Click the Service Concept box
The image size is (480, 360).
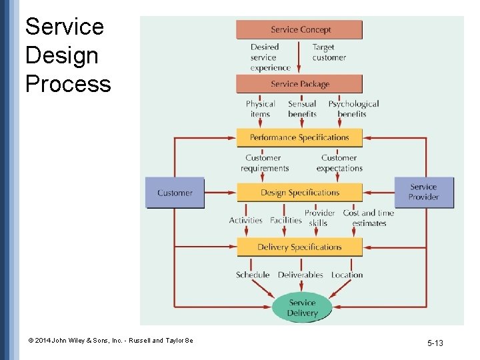tap(299, 30)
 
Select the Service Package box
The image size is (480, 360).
tap(299, 84)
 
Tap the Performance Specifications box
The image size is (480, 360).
tap(299, 137)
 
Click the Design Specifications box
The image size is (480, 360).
tap(299, 193)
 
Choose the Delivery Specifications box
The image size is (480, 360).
tap(299, 247)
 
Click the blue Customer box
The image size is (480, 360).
tap(175, 193)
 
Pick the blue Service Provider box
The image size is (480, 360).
tap(424, 192)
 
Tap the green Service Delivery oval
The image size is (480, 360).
tap(303, 308)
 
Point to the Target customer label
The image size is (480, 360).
tap(329, 53)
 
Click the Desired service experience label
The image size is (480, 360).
tap(270, 57)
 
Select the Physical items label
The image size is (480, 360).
tap(260, 109)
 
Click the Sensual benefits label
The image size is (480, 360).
tap(302, 109)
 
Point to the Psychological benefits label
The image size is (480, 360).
tap(353, 109)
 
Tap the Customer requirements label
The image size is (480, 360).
tap(265, 163)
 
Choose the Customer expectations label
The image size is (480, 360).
tap(339, 163)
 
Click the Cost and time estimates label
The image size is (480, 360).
tap(369, 218)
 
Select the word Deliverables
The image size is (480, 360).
tap(301, 275)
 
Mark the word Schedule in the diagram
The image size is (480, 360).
tap(253, 275)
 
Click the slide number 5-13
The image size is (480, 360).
tap(435, 343)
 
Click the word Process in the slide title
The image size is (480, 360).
tap(68, 85)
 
